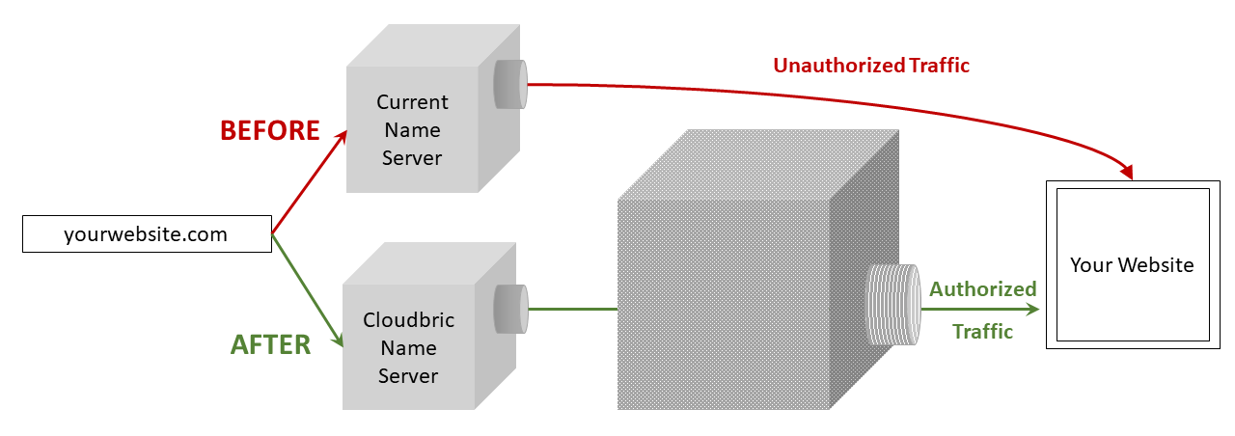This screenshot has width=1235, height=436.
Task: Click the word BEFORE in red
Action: click(269, 130)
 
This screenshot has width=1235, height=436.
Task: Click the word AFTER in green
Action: click(270, 344)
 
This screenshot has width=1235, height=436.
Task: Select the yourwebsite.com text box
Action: click(147, 234)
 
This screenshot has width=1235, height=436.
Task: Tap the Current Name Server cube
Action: click(412, 130)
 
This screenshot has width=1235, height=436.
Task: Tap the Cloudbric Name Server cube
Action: click(409, 348)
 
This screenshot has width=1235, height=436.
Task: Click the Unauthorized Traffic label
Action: click(870, 66)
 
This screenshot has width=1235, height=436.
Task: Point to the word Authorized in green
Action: click(982, 288)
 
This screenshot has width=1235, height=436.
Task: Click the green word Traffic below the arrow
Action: click(982, 331)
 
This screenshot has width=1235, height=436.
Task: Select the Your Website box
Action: click(1132, 265)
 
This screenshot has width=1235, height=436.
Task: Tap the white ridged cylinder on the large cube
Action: click(893, 304)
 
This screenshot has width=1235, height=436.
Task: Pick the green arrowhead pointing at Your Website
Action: click(1032, 310)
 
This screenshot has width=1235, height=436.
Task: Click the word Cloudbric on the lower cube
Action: click(409, 319)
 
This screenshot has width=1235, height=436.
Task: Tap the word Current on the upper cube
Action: click(412, 101)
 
